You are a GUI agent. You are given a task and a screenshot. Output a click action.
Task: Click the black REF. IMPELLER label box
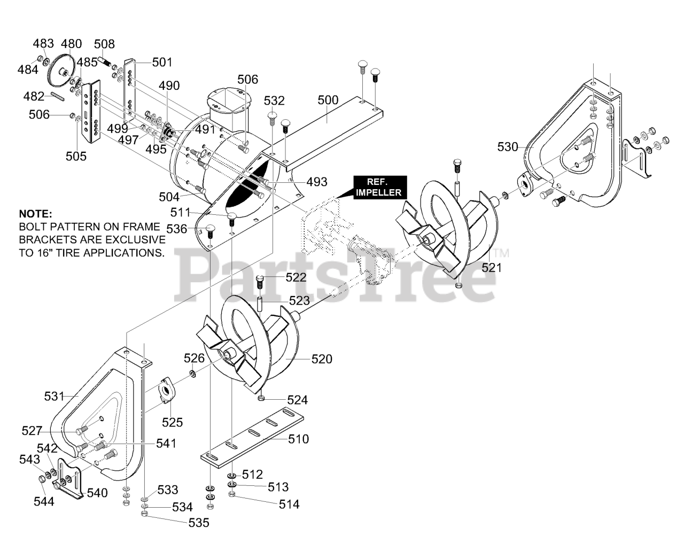click(380, 187)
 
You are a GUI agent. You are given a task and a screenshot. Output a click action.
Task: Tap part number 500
click(328, 100)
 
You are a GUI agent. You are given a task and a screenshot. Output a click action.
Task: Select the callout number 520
click(322, 359)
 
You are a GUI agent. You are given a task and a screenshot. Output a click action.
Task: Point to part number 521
click(492, 268)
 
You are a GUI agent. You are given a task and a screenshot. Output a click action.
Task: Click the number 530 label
click(508, 147)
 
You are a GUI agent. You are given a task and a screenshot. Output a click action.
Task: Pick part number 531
click(55, 396)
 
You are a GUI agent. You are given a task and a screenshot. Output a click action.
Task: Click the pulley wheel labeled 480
click(61, 73)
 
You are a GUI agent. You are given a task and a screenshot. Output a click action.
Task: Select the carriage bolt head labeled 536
click(211, 228)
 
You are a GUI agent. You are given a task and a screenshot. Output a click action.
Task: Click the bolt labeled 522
click(260, 282)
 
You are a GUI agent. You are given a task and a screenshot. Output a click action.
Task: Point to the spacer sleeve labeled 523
click(259, 304)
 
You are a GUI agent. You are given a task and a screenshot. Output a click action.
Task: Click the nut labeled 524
click(261, 398)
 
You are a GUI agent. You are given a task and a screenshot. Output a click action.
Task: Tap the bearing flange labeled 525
click(166, 391)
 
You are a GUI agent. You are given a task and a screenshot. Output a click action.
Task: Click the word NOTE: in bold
click(36, 213)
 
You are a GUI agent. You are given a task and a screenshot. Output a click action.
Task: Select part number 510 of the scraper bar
click(299, 439)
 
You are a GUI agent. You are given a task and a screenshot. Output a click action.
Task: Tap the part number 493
click(317, 182)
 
